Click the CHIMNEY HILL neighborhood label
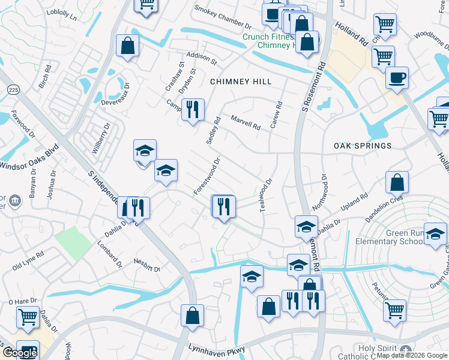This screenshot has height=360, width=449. pos(241,81)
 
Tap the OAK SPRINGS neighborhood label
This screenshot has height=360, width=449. pos(363,146)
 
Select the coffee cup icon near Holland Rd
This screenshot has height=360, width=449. pos(396,79)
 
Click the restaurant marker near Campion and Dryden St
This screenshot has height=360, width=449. pos(193,110)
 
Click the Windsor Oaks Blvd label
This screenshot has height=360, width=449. pos(30,157)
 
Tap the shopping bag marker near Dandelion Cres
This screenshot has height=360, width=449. pos(397,182)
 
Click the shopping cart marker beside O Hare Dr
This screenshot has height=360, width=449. pos(28,317)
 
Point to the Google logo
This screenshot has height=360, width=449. pos(20,353)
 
